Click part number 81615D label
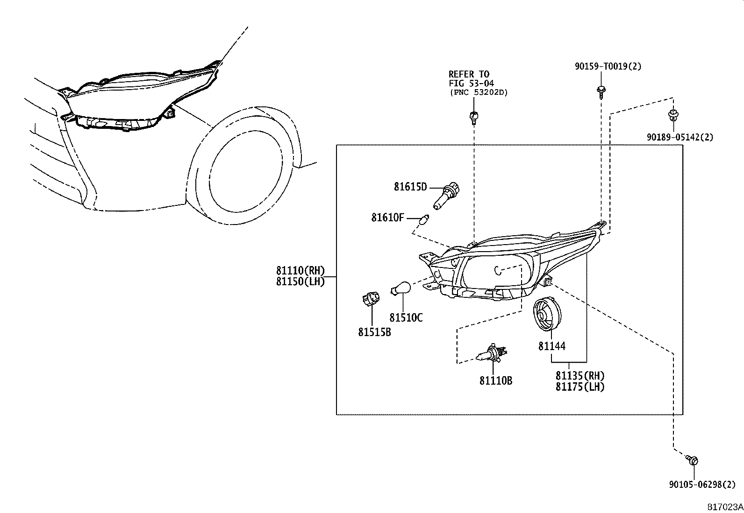(410, 187)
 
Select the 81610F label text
(387, 218)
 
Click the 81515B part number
(374, 332)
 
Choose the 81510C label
(406, 318)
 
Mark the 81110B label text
(495, 381)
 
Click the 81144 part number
(551, 346)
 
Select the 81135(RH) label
(579, 376)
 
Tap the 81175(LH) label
(579, 387)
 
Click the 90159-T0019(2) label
(608, 67)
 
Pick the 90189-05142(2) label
(680, 137)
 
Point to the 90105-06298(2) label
(701, 485)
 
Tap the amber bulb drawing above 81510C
(400, 288)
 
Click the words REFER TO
(469, 74)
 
